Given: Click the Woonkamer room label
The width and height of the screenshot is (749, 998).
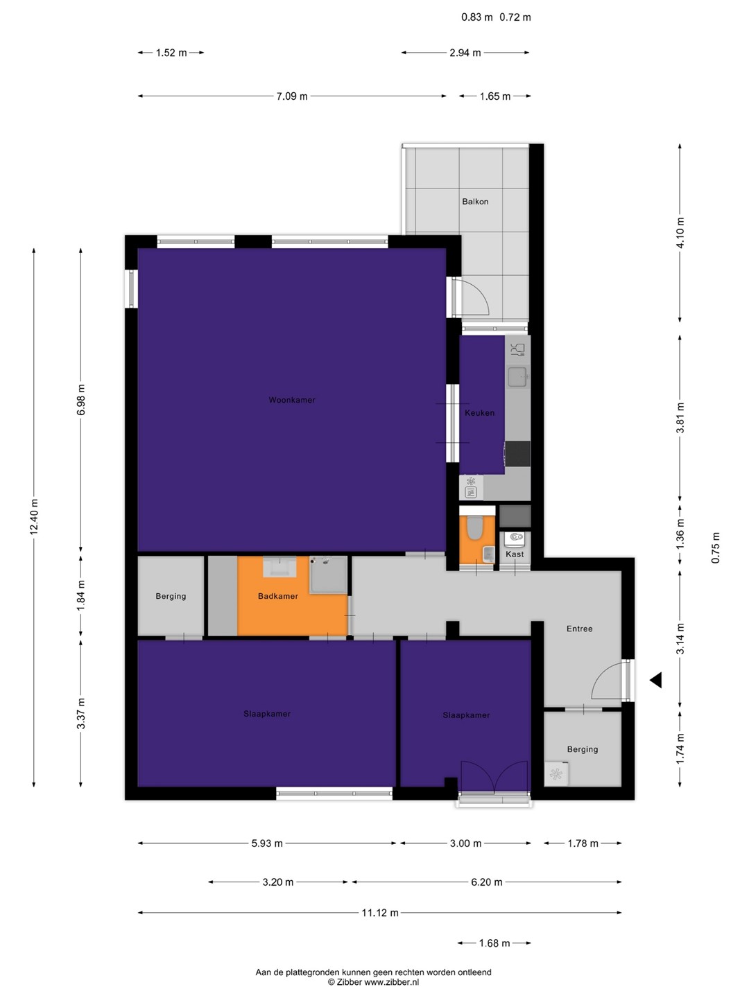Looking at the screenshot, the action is (291, 400).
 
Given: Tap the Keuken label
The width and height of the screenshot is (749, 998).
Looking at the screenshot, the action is (479, 413).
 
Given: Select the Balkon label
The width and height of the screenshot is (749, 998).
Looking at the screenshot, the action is (475, 202).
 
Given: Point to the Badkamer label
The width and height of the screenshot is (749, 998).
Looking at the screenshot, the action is (278, 596).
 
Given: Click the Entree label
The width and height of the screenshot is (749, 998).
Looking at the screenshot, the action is (579, 629).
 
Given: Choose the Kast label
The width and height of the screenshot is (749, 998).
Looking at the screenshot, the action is (515, 554).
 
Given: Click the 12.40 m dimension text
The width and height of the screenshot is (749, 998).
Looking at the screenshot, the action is (34, 517).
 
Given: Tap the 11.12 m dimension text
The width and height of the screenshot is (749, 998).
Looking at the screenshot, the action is (380, 913).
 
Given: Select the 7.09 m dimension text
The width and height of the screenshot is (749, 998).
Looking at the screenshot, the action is (292, 96).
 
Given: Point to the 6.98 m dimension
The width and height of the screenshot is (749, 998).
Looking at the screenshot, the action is (81, 400).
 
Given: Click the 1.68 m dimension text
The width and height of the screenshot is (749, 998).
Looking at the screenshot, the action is (494, 943).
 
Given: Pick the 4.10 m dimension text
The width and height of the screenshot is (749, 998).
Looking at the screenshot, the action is (680, 233).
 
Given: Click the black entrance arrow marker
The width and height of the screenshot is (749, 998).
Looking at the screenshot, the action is (656, 681).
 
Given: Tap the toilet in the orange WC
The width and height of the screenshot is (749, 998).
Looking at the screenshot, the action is (475, 527).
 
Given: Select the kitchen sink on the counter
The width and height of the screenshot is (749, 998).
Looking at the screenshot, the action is (517, 377).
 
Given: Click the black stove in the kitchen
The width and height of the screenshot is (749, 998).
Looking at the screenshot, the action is (517, 453).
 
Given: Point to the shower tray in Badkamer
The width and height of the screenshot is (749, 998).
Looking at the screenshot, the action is (328, 575).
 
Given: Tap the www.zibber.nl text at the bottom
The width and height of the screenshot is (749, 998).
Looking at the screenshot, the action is (392, 982).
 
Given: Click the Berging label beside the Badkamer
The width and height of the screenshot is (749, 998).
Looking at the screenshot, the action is (171, 596).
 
